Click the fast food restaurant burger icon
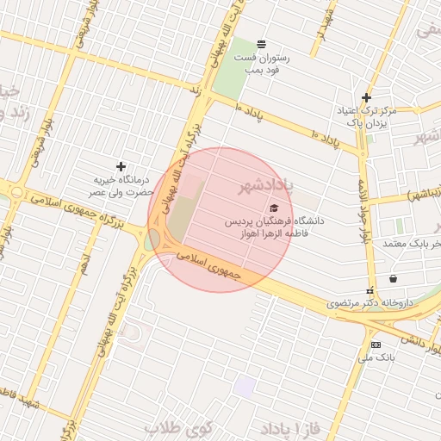click(261, 44)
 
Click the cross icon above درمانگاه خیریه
click(121, 165)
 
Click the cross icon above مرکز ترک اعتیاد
click(367, 97)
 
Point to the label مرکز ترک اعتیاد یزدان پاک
click(375, 118)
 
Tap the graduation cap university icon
click(274, 208)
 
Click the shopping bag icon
click(394, 278)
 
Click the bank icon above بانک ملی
click(375, 344)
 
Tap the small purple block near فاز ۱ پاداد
click(245, 387)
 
